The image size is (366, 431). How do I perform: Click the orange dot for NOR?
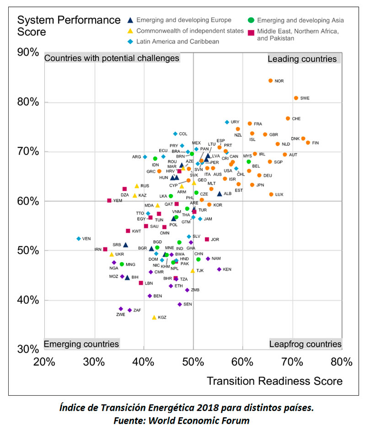[x=270, y=81]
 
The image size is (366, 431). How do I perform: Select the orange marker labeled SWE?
[x=296, y=98]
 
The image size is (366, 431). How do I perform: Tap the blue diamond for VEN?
[x=79, y=239]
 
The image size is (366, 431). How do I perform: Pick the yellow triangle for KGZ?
[x=154, y=317]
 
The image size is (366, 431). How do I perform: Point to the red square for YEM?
[x=109, y=200]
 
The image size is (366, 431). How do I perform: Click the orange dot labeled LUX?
[x=271, y=194]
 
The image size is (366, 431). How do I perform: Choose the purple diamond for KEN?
[x=219, y=269]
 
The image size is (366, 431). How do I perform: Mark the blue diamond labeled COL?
[x=175, y=134]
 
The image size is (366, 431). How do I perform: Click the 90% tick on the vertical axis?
[x=28, y=53]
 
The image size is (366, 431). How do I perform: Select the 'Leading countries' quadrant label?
[x=302, y=59]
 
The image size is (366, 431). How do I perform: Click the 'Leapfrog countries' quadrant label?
[x=305, y=344]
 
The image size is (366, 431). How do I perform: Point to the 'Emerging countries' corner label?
[x=81, y=344]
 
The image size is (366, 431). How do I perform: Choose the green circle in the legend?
[x=251, y=20]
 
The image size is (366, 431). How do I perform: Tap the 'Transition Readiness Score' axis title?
[x=274, y=381]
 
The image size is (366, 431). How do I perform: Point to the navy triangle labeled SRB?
[x=126, y=245]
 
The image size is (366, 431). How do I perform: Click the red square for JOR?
[x=207, y=239]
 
